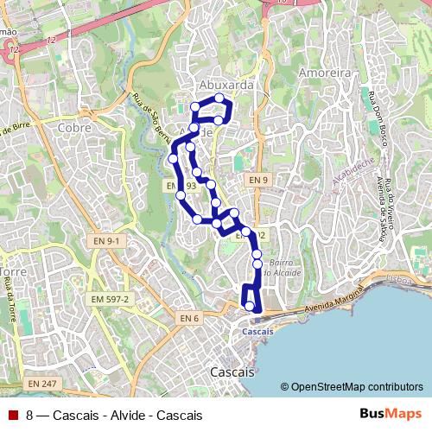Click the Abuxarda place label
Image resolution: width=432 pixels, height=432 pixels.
[226, 86]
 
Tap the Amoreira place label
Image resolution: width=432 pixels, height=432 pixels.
[324, 74]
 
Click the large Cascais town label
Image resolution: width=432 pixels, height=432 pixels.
[232, 372]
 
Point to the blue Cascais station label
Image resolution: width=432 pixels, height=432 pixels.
[258, 331]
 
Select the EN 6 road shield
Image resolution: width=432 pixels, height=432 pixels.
[189, 319]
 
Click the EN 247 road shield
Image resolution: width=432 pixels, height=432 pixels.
[41, 383]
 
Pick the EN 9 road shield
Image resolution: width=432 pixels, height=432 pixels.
[257, 180]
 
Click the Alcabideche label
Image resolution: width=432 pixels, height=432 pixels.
[353, 172]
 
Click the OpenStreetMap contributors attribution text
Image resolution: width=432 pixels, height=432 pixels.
[357, 387]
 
